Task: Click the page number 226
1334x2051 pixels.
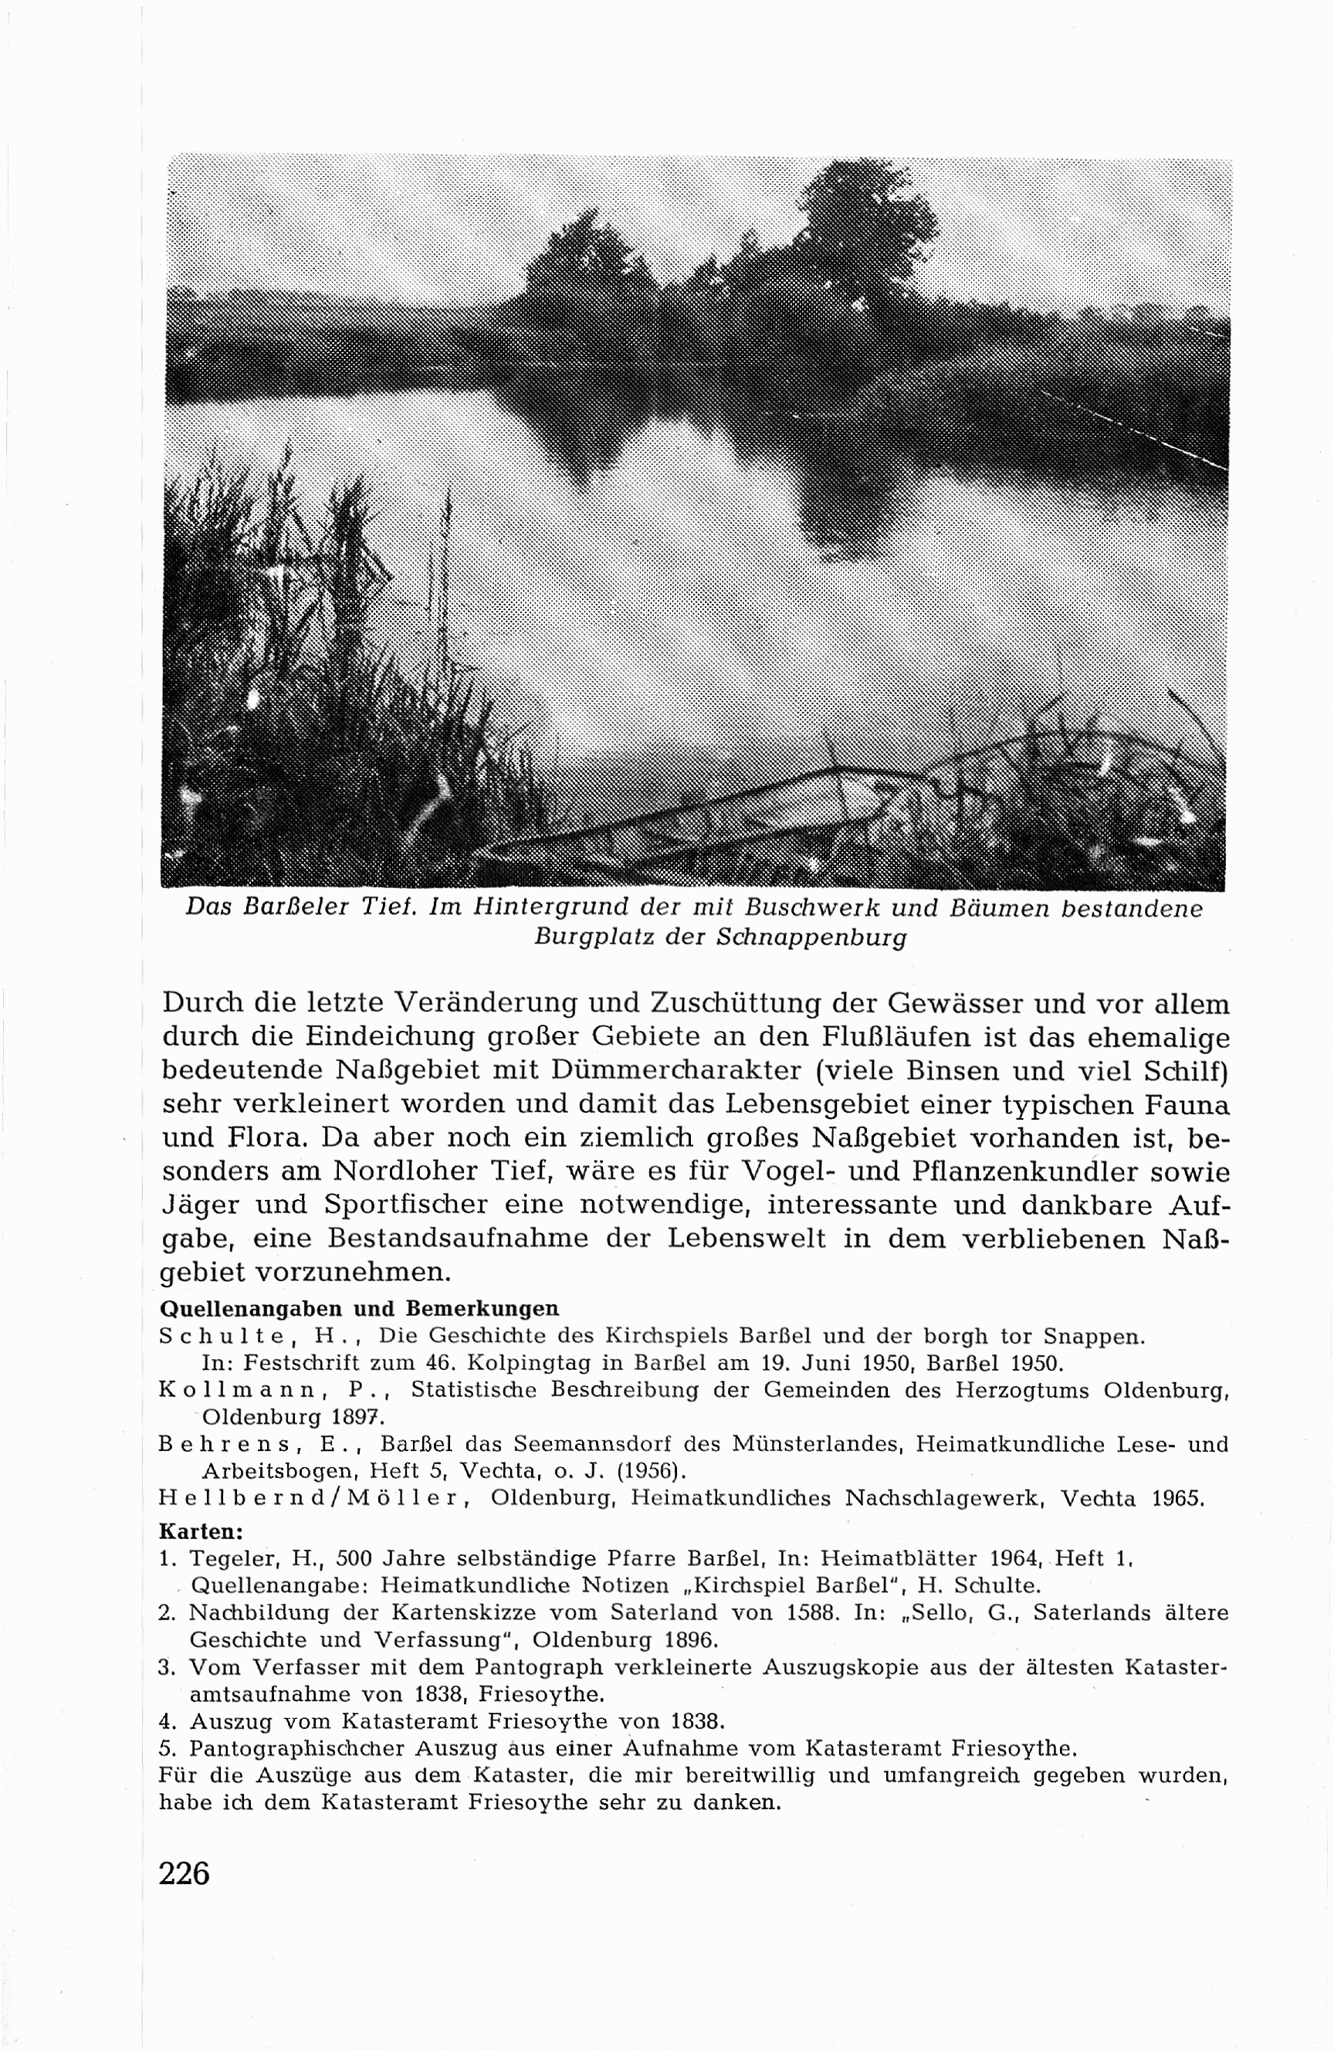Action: (x=185, y=1873)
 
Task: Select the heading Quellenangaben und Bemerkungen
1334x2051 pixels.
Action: (x=359, y=1308)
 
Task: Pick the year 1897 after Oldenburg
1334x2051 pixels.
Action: (x=348, y=1416)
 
